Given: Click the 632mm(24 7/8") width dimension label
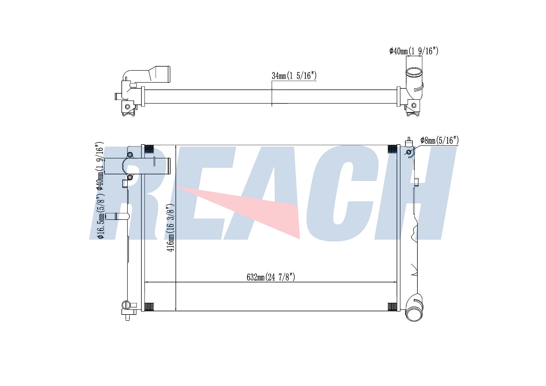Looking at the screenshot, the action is click(x=271, y=277).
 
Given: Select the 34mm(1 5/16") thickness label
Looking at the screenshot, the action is click(x=294, y=76).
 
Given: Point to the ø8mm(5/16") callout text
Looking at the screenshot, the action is click(x=440, y=140).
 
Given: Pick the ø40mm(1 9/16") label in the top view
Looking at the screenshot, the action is click(x=414, y=51).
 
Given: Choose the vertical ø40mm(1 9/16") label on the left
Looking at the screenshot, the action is click(x=99, y=166).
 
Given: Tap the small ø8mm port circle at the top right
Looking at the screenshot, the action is click(x=409, y=152).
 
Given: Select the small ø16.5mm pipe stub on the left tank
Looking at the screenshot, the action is click(x=117, y=216).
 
